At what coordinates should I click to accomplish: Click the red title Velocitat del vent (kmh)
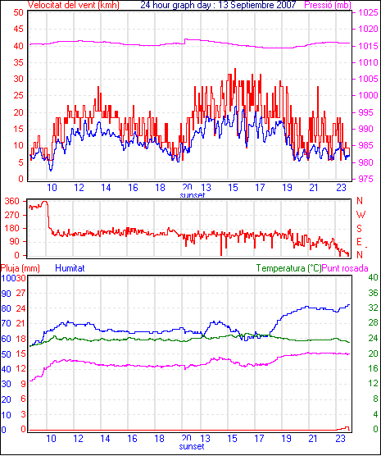74,5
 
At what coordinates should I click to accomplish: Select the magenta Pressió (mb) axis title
328,5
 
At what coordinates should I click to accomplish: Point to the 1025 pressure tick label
368,12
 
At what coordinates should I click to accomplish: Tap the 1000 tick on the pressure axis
368,95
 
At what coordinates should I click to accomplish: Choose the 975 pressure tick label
366,179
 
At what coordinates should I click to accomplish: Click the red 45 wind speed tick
17,29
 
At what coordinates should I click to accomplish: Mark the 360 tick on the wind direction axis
12,201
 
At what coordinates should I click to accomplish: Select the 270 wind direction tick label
12,215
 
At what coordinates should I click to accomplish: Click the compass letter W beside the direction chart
361,215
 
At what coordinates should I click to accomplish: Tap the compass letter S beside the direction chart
359,229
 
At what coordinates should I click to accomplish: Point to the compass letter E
359,242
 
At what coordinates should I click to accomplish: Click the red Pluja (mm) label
20,268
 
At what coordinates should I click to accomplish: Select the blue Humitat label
70,268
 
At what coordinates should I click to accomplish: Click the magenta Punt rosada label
345,268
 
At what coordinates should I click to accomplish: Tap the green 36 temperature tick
373,293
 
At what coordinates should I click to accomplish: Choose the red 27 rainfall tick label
20,293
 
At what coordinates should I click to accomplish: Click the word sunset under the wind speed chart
192,195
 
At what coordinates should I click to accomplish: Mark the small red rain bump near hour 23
343,428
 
